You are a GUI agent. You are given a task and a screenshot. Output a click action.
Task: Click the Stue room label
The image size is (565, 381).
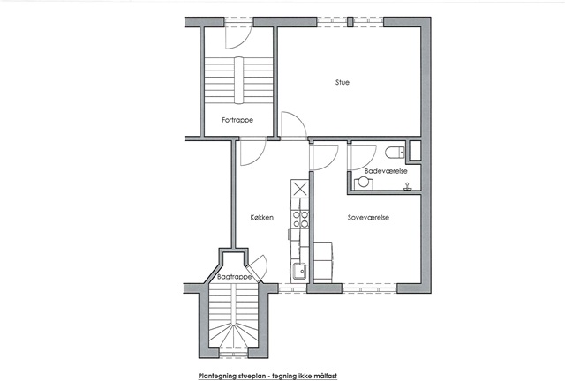click(x=343, y=83)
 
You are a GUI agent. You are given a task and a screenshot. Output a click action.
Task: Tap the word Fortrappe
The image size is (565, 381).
click(x=237, y=120)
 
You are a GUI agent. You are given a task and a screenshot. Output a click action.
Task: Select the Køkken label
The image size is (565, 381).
click(x=262, y=218)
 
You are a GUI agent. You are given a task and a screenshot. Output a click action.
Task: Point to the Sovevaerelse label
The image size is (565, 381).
click(x=368, y=218)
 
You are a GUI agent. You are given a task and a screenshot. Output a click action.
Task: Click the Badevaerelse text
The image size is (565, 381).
click(x=386, y=171)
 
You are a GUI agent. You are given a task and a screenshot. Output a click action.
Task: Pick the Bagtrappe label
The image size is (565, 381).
click(x=234, y=277)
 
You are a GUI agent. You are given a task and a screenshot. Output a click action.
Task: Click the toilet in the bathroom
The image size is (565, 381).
click(x=395, y=153)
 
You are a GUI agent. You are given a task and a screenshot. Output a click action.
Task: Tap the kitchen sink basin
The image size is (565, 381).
click(x=299, y=271)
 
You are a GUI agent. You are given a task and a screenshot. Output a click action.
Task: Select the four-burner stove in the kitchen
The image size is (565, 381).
click(x=300, y=219)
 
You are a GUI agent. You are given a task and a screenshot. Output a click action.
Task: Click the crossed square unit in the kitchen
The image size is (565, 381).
click(x=300, y=189)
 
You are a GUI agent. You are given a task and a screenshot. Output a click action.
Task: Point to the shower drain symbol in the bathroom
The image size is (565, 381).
click(x=408, y=186)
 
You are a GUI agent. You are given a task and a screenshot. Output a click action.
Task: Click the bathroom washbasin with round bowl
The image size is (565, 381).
click(x=363, y=183)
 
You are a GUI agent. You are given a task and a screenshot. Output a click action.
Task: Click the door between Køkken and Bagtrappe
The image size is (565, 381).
click(x=259, y=267)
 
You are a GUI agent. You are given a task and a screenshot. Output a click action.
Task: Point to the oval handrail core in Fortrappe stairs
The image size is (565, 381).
click(x=239, y=80)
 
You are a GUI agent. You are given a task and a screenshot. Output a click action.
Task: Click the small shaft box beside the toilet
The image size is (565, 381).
click(x=415, y=150)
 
